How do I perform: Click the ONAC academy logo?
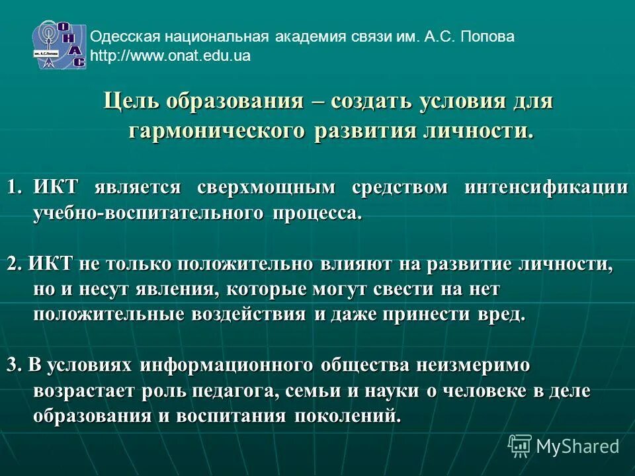click(x=60, y=44)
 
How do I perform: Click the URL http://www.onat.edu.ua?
click(x=170, y=56)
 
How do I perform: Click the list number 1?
click(x=13, y=187)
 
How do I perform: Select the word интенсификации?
click(x=546, y=187)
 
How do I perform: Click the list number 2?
click(x=15, y=264)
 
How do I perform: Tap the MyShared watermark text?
click(x=577, y=446)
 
